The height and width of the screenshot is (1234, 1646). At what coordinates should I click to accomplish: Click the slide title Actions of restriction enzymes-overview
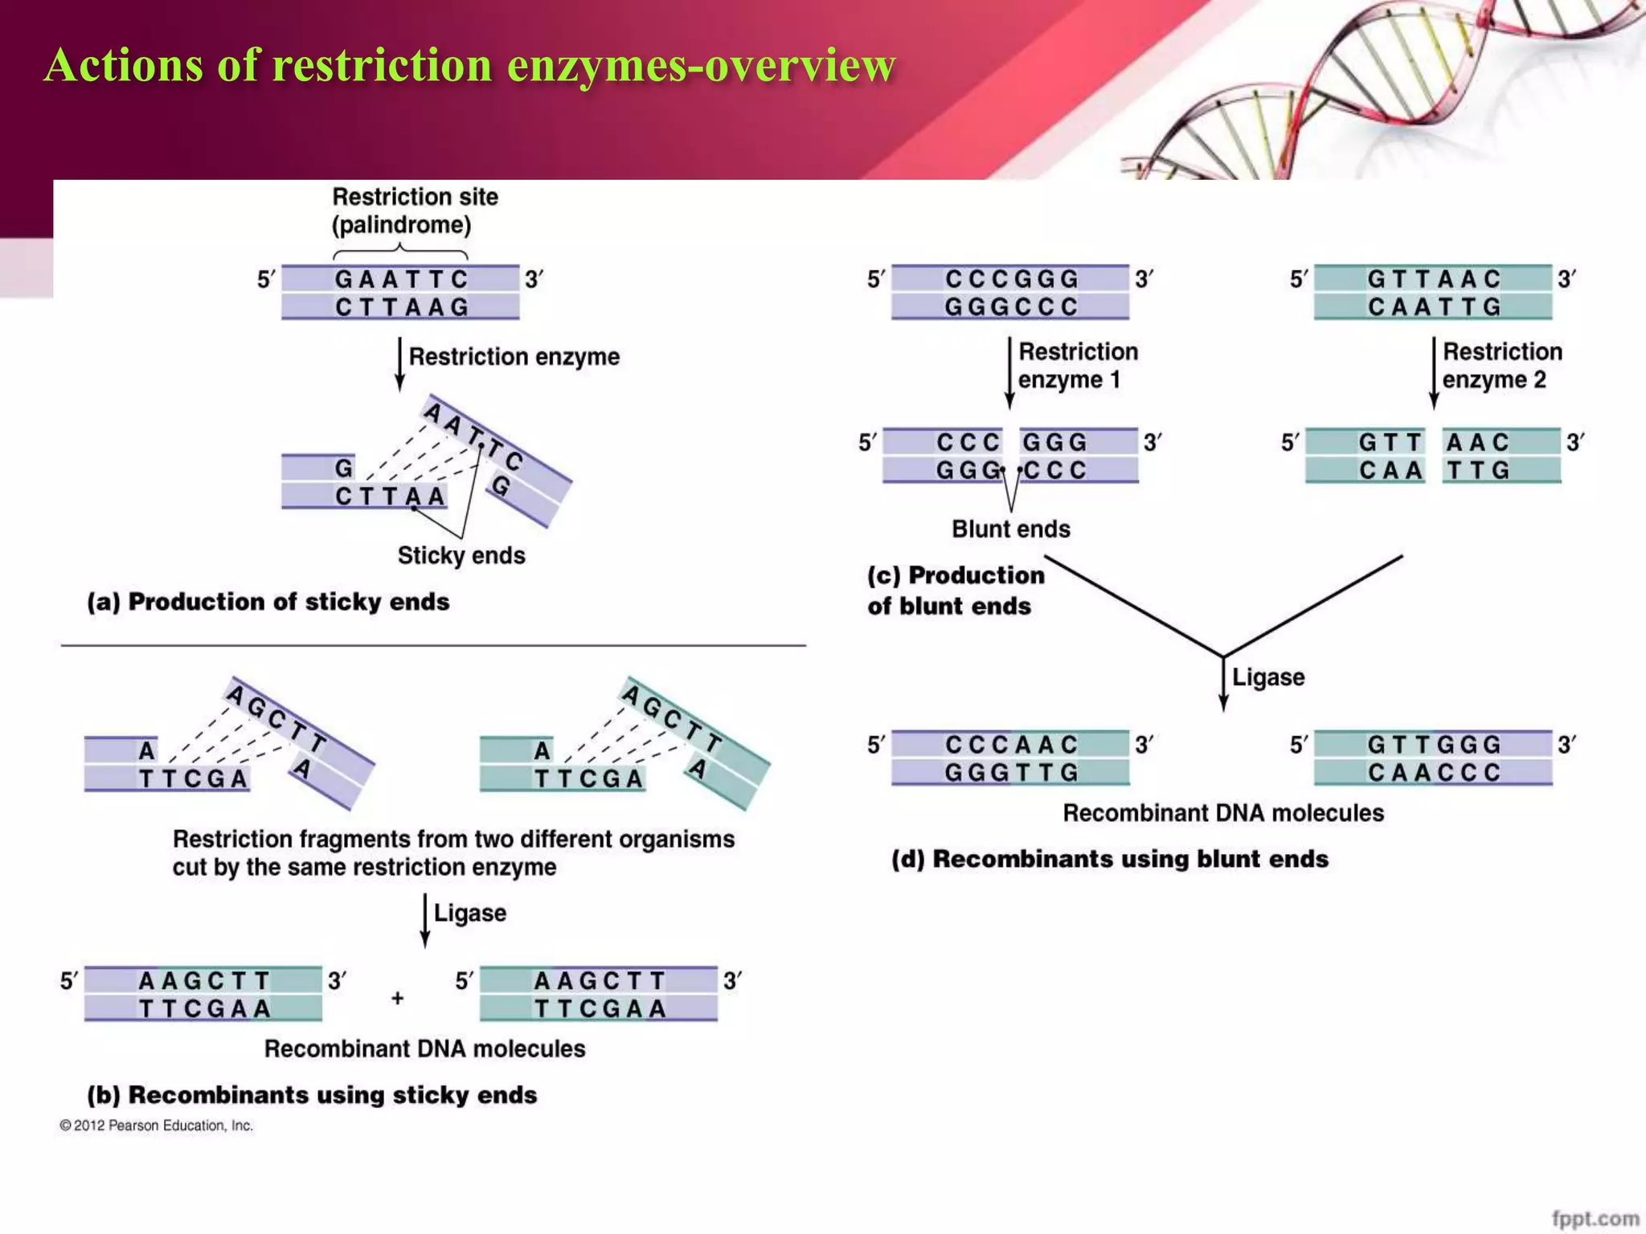(469, 65)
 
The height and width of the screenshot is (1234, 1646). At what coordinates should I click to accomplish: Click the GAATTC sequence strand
(401, 279)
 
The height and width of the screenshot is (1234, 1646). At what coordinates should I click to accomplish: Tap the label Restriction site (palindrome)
(414, 210)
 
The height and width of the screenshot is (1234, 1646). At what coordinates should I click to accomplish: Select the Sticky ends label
(461, 555)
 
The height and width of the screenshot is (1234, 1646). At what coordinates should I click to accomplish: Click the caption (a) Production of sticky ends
(268, 602)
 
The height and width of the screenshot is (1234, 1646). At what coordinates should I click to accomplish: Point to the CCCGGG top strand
(1010, 279)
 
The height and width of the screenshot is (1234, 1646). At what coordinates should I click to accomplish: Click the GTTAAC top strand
(1434, 279)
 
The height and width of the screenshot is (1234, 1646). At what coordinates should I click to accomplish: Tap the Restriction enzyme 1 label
(1077, 366)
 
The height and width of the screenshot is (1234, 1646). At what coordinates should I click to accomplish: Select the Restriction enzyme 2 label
(1501, 366)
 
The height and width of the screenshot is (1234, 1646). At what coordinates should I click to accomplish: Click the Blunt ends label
(1010, 529)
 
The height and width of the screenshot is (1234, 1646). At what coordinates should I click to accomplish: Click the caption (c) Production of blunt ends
(955, 590)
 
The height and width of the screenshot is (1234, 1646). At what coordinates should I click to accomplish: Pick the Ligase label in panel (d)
(1267, 677)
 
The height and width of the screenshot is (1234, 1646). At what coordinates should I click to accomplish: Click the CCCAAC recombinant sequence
(1010, 745)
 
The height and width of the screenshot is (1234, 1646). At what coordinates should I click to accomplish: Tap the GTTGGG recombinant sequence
(1434, 745)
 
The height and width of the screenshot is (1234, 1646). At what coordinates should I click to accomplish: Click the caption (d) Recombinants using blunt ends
(1109, 859)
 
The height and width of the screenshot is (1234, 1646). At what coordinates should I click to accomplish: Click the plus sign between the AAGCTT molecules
(397, 998)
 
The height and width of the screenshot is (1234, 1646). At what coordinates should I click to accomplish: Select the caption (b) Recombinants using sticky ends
(312, 1095)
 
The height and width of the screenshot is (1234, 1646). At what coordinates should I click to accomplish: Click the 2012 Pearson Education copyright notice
(156, 1126)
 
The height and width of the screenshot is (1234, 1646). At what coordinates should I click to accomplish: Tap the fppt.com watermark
(1595, 1218)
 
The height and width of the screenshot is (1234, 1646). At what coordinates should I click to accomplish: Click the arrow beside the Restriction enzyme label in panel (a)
(399, 363)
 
